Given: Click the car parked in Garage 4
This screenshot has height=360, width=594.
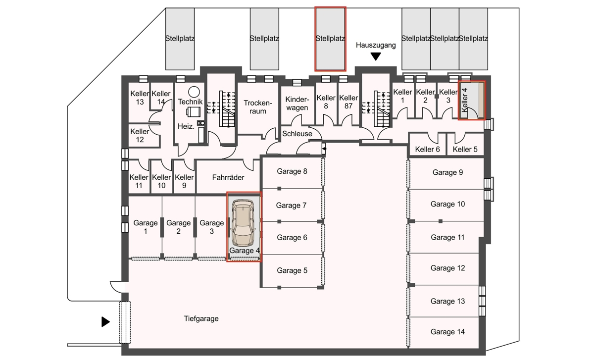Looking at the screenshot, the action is coord(243,223).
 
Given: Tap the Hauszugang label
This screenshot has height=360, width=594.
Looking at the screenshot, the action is coord(376,45).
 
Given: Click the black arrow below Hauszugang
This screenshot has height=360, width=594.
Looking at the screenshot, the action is coord(376,56).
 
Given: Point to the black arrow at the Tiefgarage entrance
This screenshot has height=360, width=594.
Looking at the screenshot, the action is coord(105,322).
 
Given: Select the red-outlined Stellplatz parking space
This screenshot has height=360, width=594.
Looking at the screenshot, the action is coord(331,39).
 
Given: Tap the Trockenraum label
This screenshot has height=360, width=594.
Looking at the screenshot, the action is coord(258,107).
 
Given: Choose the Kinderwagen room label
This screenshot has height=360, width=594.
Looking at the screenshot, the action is coord(297,103).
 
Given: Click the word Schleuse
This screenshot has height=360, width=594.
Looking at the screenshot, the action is coord(297,133).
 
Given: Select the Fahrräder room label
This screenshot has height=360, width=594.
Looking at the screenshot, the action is coord(228,177).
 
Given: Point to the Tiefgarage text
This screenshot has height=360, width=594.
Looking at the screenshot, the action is coord(201,318).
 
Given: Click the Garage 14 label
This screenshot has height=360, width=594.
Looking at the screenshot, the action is coord(447,332).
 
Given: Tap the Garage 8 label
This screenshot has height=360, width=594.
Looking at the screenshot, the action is coord(292,171).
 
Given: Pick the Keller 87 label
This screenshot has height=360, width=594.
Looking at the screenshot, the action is coord(348,102).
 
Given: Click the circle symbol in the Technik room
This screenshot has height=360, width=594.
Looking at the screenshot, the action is coord(194,92).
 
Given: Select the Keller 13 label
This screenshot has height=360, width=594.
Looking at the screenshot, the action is coord(140,98).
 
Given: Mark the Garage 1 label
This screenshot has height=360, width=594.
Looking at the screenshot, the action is coord(146,227).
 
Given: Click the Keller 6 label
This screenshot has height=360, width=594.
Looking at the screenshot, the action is coord(428,150).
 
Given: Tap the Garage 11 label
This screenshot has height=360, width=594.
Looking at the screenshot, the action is coord(447,237).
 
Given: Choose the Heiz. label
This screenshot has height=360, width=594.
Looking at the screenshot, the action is coord(186,126).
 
